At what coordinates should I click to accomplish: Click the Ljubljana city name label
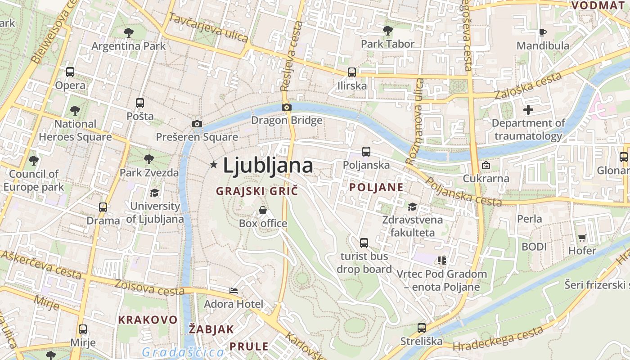(268, 165)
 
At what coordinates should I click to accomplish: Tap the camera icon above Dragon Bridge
(286, 107)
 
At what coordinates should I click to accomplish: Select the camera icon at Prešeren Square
(197, 124)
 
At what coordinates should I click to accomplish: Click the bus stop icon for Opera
(70, 72)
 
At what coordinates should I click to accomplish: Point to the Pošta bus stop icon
(140, 103)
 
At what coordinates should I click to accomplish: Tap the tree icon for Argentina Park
(129, 32)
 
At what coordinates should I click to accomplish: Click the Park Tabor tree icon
(387, 31)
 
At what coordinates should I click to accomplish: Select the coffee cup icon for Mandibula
(543, 32)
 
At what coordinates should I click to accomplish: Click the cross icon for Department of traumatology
(528, 110)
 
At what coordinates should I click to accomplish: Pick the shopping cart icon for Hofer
(582, 238)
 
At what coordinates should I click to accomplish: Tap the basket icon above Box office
(263, 210)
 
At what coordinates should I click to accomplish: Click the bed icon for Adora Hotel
(233, 291)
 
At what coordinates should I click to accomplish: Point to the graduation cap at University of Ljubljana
(155, 193)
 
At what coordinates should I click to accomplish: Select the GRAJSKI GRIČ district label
(257, 191)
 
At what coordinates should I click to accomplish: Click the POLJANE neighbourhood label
(376, 187)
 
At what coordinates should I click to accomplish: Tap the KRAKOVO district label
(148, 319)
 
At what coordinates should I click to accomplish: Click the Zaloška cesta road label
(528, 85)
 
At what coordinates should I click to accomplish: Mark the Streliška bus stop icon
(422, 328)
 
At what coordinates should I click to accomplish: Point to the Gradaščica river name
(183, 352)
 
